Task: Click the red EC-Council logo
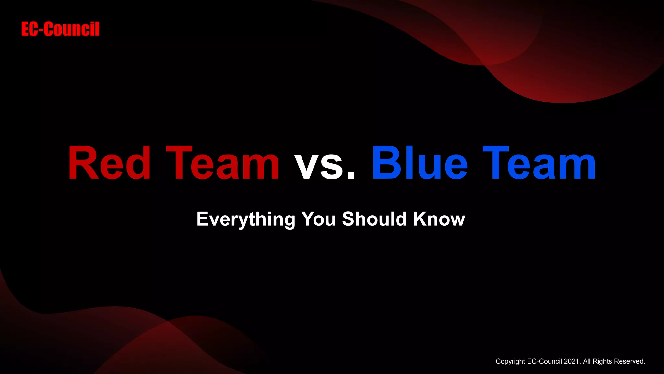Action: click(60, 29)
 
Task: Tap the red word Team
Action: click(223, 163)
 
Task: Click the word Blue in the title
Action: click(420, 163)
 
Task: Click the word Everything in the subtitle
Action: click(246, 219)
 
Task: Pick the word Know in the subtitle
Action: click(439, 219)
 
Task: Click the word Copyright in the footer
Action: click(510, 362)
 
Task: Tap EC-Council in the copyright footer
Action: click(544, 361)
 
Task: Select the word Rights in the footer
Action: click(602, 362)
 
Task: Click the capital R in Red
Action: click(79, 163)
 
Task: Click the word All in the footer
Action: click(587, 361)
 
